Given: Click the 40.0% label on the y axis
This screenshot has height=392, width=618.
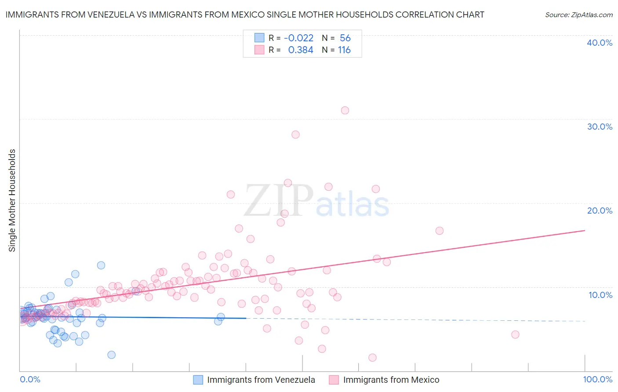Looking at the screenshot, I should tap(600, 43).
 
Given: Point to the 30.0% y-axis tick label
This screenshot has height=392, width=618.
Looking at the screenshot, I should tap(600, 127).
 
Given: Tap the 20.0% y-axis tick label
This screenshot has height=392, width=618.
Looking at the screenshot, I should tap(600, 211).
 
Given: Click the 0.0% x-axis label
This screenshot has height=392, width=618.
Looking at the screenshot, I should tap(30, 379).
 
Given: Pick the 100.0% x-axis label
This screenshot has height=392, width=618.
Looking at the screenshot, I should tap(597, 379).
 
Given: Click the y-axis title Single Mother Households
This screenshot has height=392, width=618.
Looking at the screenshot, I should tap(12, 200).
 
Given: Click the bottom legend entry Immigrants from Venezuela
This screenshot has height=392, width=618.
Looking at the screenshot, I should tap(261, 380).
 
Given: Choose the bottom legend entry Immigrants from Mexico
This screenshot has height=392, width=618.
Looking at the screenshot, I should tap(391, 380).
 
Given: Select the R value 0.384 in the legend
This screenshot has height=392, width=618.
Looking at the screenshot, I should tap(301, 50).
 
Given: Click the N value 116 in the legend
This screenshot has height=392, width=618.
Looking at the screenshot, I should tap(344, 50).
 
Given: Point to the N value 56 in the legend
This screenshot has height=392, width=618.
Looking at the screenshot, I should tap(345, 38).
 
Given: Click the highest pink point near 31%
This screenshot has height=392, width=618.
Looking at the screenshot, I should tap(345, 110).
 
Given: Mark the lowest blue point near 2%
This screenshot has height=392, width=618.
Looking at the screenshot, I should tap(112, 355).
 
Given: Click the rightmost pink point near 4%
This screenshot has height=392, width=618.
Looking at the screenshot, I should tap(515, 334).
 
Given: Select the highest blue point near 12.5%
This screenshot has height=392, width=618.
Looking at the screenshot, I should tap(101, 265).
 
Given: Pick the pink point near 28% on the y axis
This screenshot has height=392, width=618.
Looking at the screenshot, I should tap(295, 134).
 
